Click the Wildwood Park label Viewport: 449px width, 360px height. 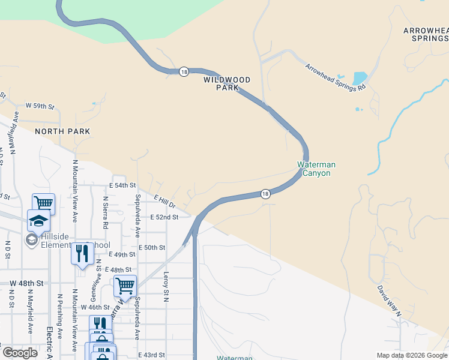(x=227, y=83)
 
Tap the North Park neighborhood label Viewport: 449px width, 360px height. (x=62, y=131)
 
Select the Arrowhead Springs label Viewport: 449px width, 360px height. (x=426, y=34)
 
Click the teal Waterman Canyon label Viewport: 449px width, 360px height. (x=316, y=169)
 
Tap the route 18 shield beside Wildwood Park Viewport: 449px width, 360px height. (x=184, y=71)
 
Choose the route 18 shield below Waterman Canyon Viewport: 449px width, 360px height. (x=265, y=193)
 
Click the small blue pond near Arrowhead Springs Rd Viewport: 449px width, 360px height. (x=360, y=79)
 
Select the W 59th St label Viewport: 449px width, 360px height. (x=40, y=106)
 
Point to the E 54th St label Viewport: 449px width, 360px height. (x=122, y=185)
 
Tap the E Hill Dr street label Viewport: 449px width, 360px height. (x=163, y=202)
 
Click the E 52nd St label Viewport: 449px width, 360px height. (x=164, y=217)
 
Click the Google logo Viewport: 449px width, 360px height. (x=20, y=352)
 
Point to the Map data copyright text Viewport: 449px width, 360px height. (x=412, y=355)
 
